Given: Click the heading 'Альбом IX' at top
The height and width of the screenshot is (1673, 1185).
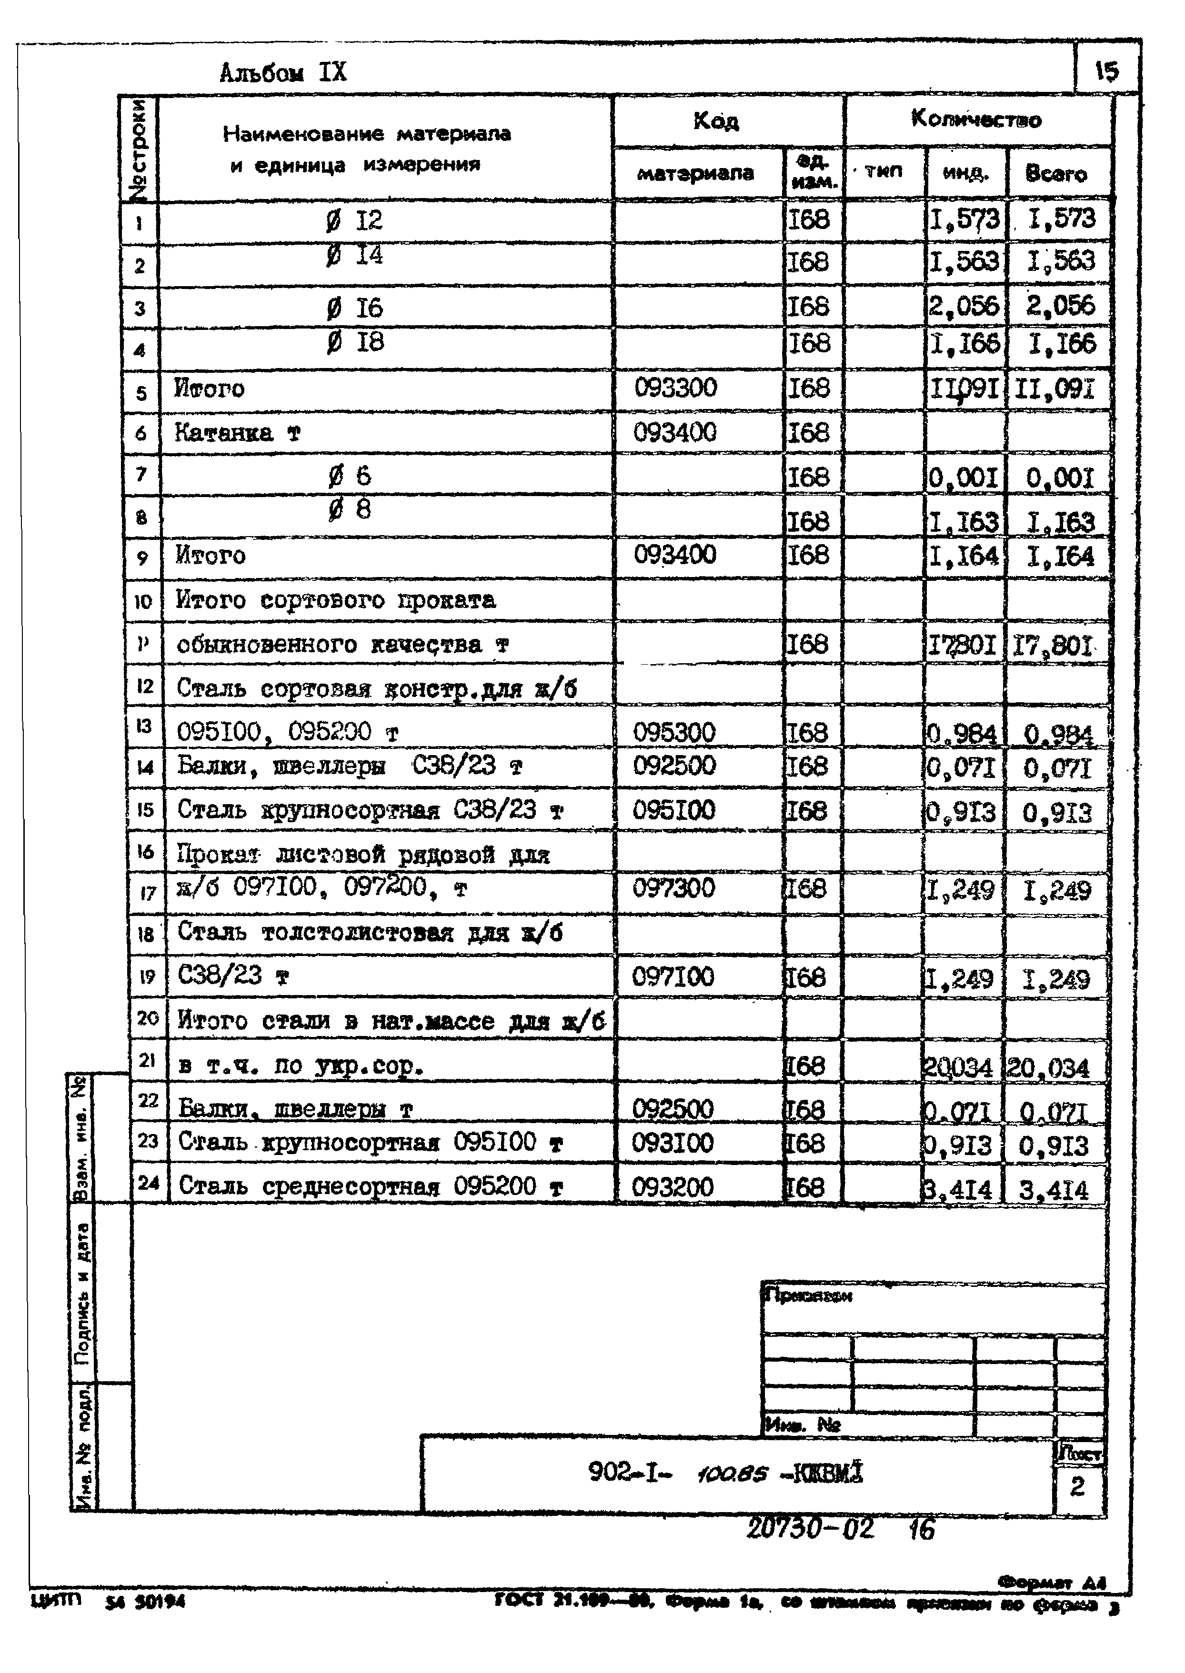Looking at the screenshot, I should coord(283,73).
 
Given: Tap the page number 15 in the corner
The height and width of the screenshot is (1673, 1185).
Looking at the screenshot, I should coord(1106,71).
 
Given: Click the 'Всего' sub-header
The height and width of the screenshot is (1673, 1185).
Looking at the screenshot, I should coord(1056,174).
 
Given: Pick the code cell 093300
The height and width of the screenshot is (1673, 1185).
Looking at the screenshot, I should coord(675,388).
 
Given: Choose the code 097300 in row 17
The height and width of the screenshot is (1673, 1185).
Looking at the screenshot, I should coord(673,888).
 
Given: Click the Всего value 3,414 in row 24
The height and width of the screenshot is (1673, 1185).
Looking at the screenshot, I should coord(1054,1190).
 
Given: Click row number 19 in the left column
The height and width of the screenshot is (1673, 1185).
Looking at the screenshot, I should coord(147,976).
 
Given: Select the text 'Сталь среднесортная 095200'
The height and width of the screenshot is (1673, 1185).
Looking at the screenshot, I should coord(357,1187).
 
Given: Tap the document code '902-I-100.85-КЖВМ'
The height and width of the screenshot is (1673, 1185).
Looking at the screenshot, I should coord(725,1474).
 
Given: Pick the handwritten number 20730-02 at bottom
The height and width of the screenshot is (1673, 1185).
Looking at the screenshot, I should coord(810,1529).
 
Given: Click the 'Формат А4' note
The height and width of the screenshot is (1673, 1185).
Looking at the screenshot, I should coord(1052,1583).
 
